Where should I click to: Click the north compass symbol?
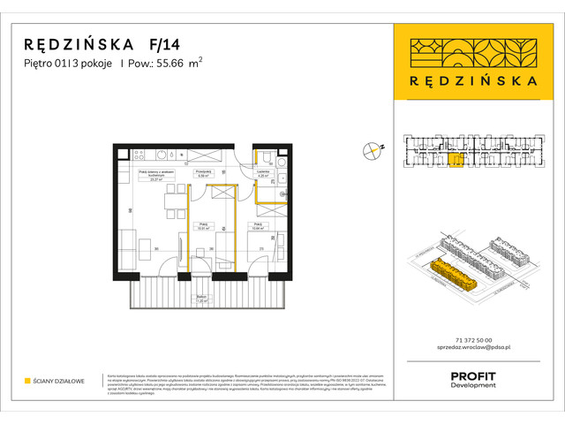click(371, 150)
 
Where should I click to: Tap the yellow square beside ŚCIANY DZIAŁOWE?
click(28, 382)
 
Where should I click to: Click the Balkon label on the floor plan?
click(201, 298)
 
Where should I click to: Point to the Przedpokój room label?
click(202, 173)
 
